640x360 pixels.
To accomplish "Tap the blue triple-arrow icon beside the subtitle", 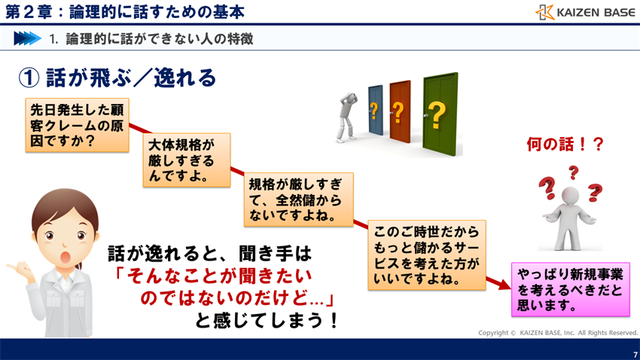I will pyautogui.click(x=27, y=38).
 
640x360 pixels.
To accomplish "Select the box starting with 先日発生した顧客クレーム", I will pyautogui.click(x=77, y=125).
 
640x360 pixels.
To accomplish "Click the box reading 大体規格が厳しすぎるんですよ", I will pyautogui.click(x=186, y=160).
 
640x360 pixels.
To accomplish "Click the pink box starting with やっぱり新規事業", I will pyautogui.click(x=570, y=288).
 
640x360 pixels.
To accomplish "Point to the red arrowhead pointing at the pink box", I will pyautogui.click(x=501, y=285).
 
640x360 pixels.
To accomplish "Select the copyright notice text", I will pyautogui.click(x=558, y=332).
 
